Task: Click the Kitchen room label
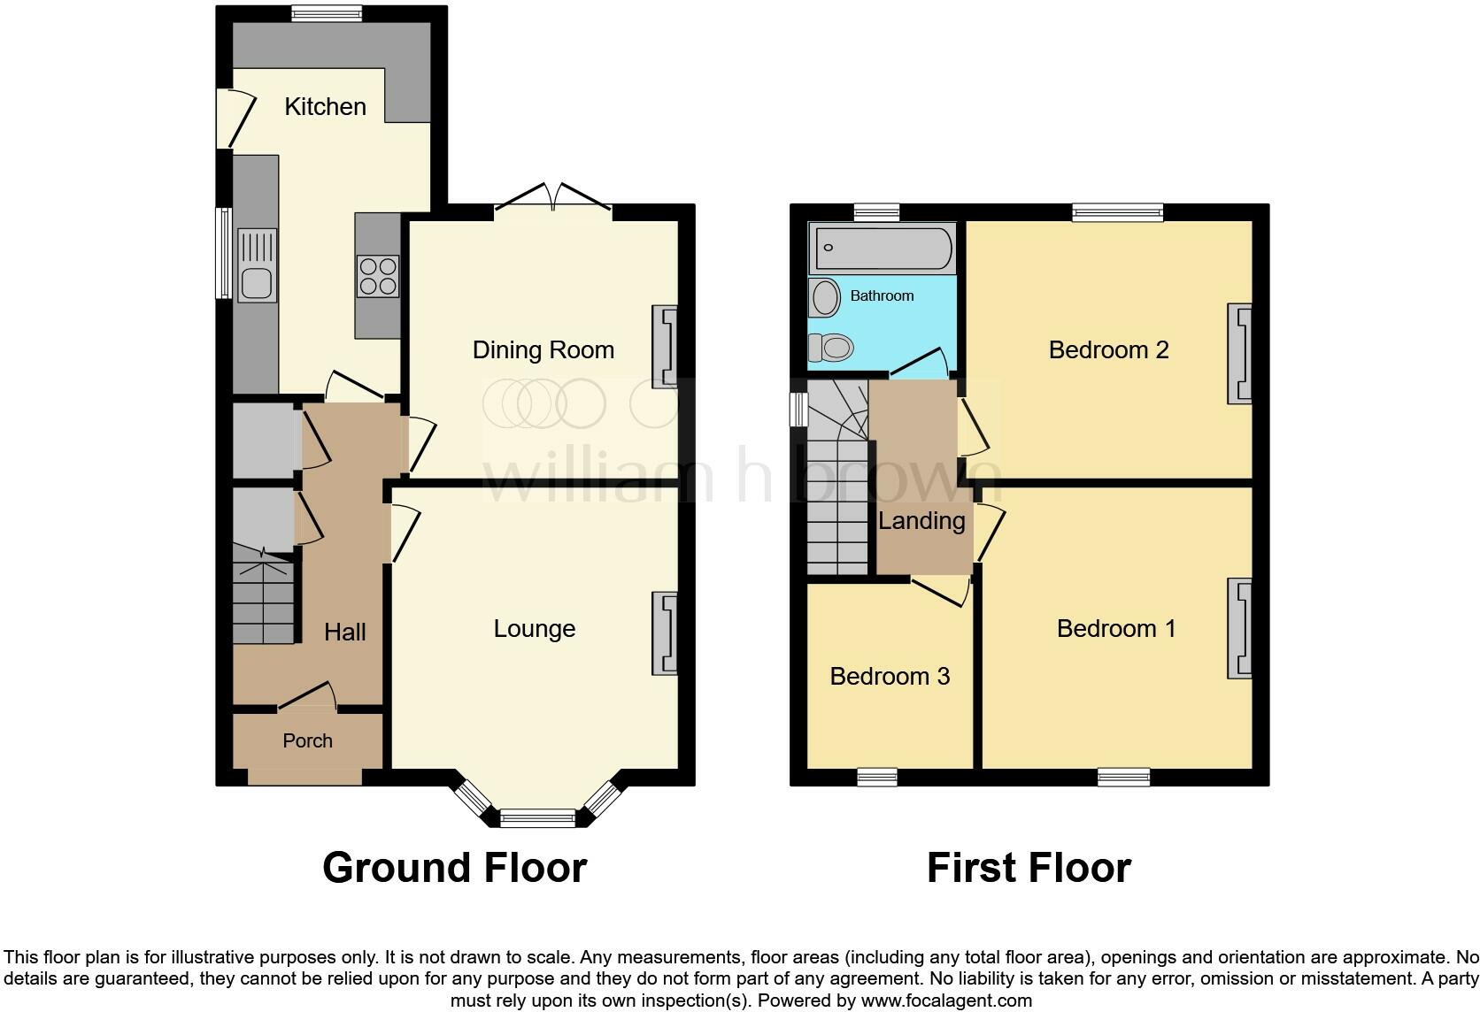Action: click(x=325, y=106)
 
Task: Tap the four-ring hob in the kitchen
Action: click(x=378, y=276)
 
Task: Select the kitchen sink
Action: click(x=257, y=265)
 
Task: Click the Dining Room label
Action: click(x=543, y=349)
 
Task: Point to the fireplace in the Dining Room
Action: click(x=665, y=346)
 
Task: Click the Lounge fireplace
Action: click(x=665, y=633)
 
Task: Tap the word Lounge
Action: click(x=535, y=628)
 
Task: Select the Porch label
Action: click(x=307, y=740)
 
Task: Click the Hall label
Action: click(x=345, y=632)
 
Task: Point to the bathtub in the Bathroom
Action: click(x=883, y=248)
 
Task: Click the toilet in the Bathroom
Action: click(x=831, y=348)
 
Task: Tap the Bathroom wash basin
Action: click(x=825, y=298)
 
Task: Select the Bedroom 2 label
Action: click(x=1109, y=349)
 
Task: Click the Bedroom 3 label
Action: click(x=890, y=676)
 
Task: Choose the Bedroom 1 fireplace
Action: click(x=1239, y=628)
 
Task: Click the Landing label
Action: click(x=921, y=521)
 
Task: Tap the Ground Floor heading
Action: click(x=455, y=867)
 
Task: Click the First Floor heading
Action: click(x=1029, y=867)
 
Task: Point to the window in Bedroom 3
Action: click(x=877, y=777)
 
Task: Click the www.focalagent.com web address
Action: click(x=946, y=1000)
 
